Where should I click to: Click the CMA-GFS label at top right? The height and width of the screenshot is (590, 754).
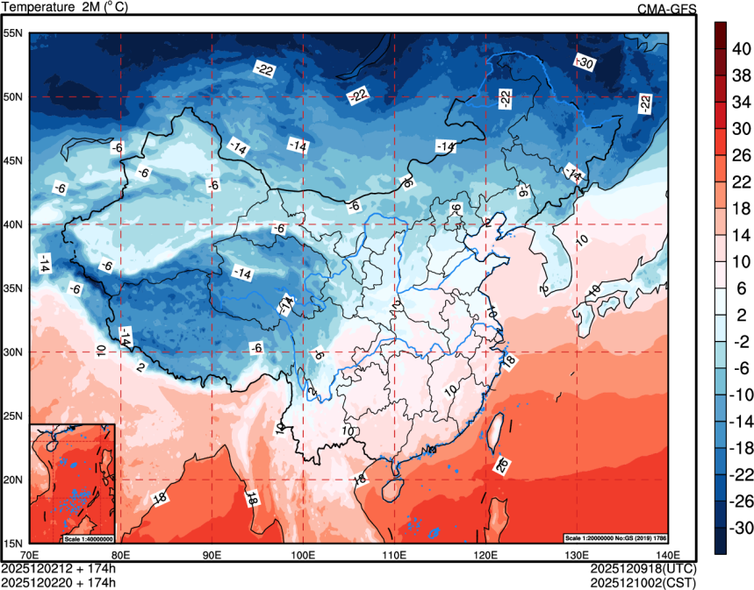pos(667,9)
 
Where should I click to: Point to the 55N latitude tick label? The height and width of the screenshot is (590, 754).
pos(13,33)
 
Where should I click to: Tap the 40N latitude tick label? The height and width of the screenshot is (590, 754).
pos(13,224)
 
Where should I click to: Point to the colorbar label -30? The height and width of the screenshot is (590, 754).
pos(740,529)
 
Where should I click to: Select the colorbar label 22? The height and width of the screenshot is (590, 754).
pos(740,181)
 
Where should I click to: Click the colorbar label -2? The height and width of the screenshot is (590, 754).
pos(740,342)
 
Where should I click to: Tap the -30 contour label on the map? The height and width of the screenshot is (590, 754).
pos(584,62)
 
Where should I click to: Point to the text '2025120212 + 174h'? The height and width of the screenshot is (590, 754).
pos(59,568)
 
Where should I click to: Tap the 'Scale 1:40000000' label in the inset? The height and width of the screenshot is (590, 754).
pos(89,537)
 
